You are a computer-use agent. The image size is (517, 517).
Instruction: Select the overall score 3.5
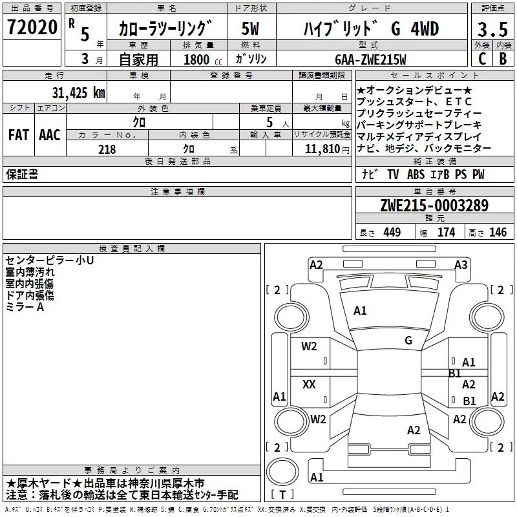click(x=492, y=30)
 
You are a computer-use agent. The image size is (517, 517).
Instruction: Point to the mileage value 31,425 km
click(x=78, y=92)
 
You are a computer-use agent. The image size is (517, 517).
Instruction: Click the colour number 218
click(x=107, y=149)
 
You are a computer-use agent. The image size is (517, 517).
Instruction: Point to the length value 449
click(x=392, y=233)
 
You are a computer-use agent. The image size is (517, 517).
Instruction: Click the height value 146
click(x=498, y=233)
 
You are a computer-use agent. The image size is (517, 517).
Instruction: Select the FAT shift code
click(x=18, y=134)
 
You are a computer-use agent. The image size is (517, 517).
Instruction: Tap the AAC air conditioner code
click(x=50, y=134)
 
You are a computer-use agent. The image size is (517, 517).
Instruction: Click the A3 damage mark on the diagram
click(x=461, y=264)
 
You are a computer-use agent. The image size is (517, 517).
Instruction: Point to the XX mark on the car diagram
click(x=309, y=385)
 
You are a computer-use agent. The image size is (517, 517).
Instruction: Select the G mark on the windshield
click(x=408, y=341)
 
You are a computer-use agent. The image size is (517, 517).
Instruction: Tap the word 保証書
click(x=22, y=174)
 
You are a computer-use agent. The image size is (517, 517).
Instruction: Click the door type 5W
click(x=250, y=30)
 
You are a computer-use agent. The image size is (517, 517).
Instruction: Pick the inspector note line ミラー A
click(x=25, y=307)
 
